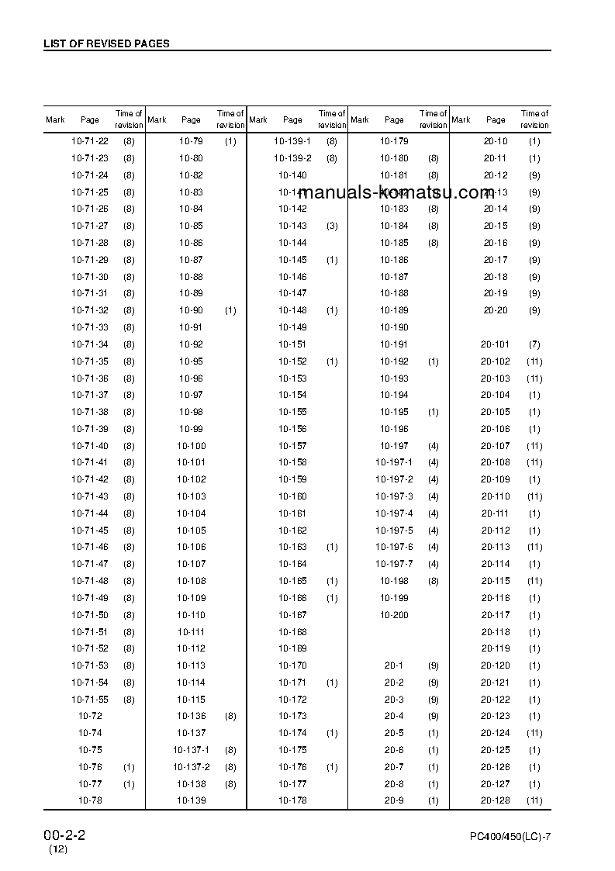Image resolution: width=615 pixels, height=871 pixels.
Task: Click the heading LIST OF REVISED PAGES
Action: tap(106, 44)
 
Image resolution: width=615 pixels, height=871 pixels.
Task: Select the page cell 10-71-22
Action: tap(90, 141)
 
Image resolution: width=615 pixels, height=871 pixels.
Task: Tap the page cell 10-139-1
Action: tap(292, 141)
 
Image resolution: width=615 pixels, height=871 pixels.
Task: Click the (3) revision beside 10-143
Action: tap(332, 226)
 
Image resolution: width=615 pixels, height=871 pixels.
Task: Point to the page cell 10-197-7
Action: tap(394, 564)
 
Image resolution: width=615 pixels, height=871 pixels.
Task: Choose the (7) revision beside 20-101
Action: tap(534, 344)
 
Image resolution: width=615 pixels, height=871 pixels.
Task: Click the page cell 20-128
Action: tap(496, 800)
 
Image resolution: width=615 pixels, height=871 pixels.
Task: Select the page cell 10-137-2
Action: tap(191, 767)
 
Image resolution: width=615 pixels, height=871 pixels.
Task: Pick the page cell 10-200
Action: tap(394, 615)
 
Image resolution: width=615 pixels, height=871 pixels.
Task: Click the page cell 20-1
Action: tap(394, 665)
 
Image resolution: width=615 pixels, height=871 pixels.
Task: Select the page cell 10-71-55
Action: tap(90, 700)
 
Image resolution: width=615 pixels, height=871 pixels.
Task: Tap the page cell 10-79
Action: tap(191, 141)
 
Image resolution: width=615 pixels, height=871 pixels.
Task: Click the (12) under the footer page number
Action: tap(58, 849)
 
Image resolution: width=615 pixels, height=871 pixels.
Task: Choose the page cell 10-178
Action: tap(292, 800)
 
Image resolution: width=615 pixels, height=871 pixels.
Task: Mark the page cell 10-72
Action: tap(90, 716)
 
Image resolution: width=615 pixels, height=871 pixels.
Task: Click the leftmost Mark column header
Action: tap(55, 119)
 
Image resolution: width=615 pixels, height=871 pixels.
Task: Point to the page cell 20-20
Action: tap(496, 310)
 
